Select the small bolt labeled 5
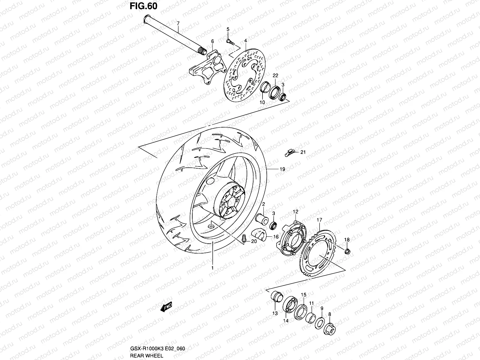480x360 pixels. pyautogui.click(x=230, y=41)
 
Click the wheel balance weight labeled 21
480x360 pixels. pyautogui.click(x=289, y=154)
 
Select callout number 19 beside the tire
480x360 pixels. pyautogui.click(x=282, y=169)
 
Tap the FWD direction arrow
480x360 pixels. pyautogui.click(x=166, y=307)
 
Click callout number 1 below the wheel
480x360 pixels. pyautogui.click(x=212, y=268)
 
